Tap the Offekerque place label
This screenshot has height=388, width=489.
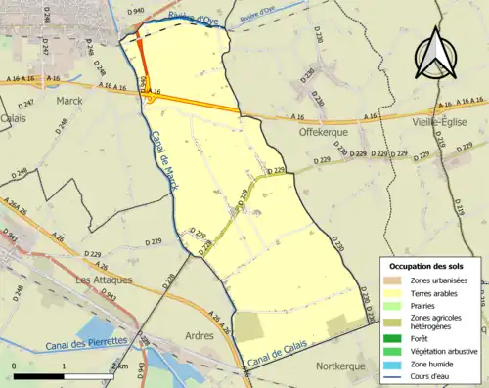tap(324, 129)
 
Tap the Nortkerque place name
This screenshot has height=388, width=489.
tap(344, 366)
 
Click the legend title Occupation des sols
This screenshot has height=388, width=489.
tap(428, 266)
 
